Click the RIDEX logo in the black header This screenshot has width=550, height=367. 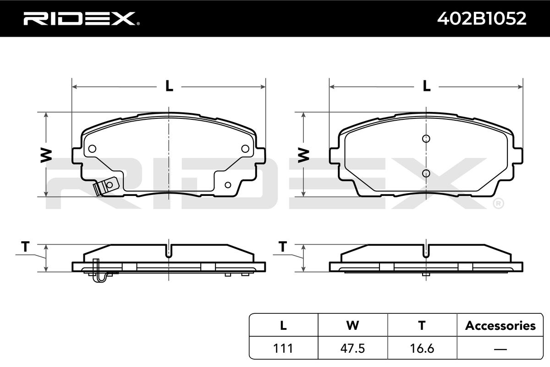(x=82, y=18)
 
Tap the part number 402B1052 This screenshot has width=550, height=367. (x=482, y=18)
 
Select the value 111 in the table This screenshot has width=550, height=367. (x=283, y=348)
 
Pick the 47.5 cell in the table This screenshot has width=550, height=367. (x=352, y=348)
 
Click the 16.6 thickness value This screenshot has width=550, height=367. (x=422, y=348)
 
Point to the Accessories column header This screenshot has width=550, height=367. (x=500, y=325)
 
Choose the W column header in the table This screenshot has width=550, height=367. (x=352, y=325)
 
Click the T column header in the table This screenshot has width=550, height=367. (x=422, y=325)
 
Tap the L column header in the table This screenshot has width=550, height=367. (x=283, y=325)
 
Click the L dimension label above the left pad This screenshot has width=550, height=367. (x=169, y=86)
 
